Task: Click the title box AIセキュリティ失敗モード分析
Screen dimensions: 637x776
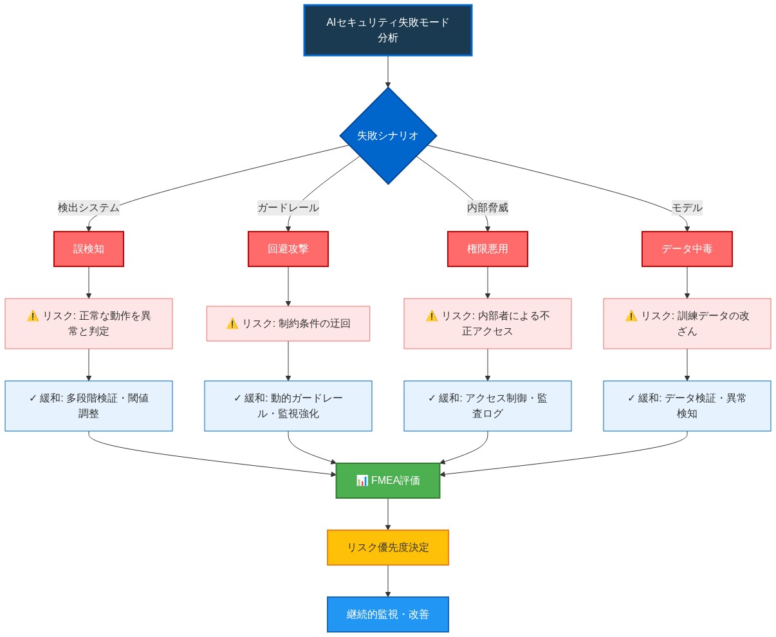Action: click(x=387, y=30)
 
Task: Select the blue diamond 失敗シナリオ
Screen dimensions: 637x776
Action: click(x=388, y=136)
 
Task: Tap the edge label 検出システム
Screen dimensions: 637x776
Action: click(x=89, y=208)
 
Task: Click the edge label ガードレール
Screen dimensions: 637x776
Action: click(x=288, y=208)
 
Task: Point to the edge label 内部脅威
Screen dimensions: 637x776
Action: click(x=488, y=208)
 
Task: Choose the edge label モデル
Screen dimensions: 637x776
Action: click(x=687, y=208)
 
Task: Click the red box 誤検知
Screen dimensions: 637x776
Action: click(x=89, y=249)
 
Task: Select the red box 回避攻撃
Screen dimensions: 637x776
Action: click(x=288, y=249)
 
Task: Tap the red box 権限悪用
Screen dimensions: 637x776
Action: click(x=488, y=249)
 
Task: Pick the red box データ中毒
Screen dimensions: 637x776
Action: click(x=687, y=249)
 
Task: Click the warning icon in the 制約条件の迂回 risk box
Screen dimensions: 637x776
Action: click(x=232, y=324)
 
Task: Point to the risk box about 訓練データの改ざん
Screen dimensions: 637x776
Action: click(x=687, y=324)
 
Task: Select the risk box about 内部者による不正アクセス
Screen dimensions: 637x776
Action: click(x=488, y=324)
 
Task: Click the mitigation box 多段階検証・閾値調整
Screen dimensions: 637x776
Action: click(x=89, y=406)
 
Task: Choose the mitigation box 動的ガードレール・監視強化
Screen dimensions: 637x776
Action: click(x=288, y=406)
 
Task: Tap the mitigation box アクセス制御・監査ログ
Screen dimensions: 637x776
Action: click(x=488, y=406)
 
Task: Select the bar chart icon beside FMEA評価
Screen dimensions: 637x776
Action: click(x=362, y=481)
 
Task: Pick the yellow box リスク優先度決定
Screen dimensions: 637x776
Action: click(x=388, y=548)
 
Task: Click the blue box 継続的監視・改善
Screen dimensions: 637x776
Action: click(x=388, y=614)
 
